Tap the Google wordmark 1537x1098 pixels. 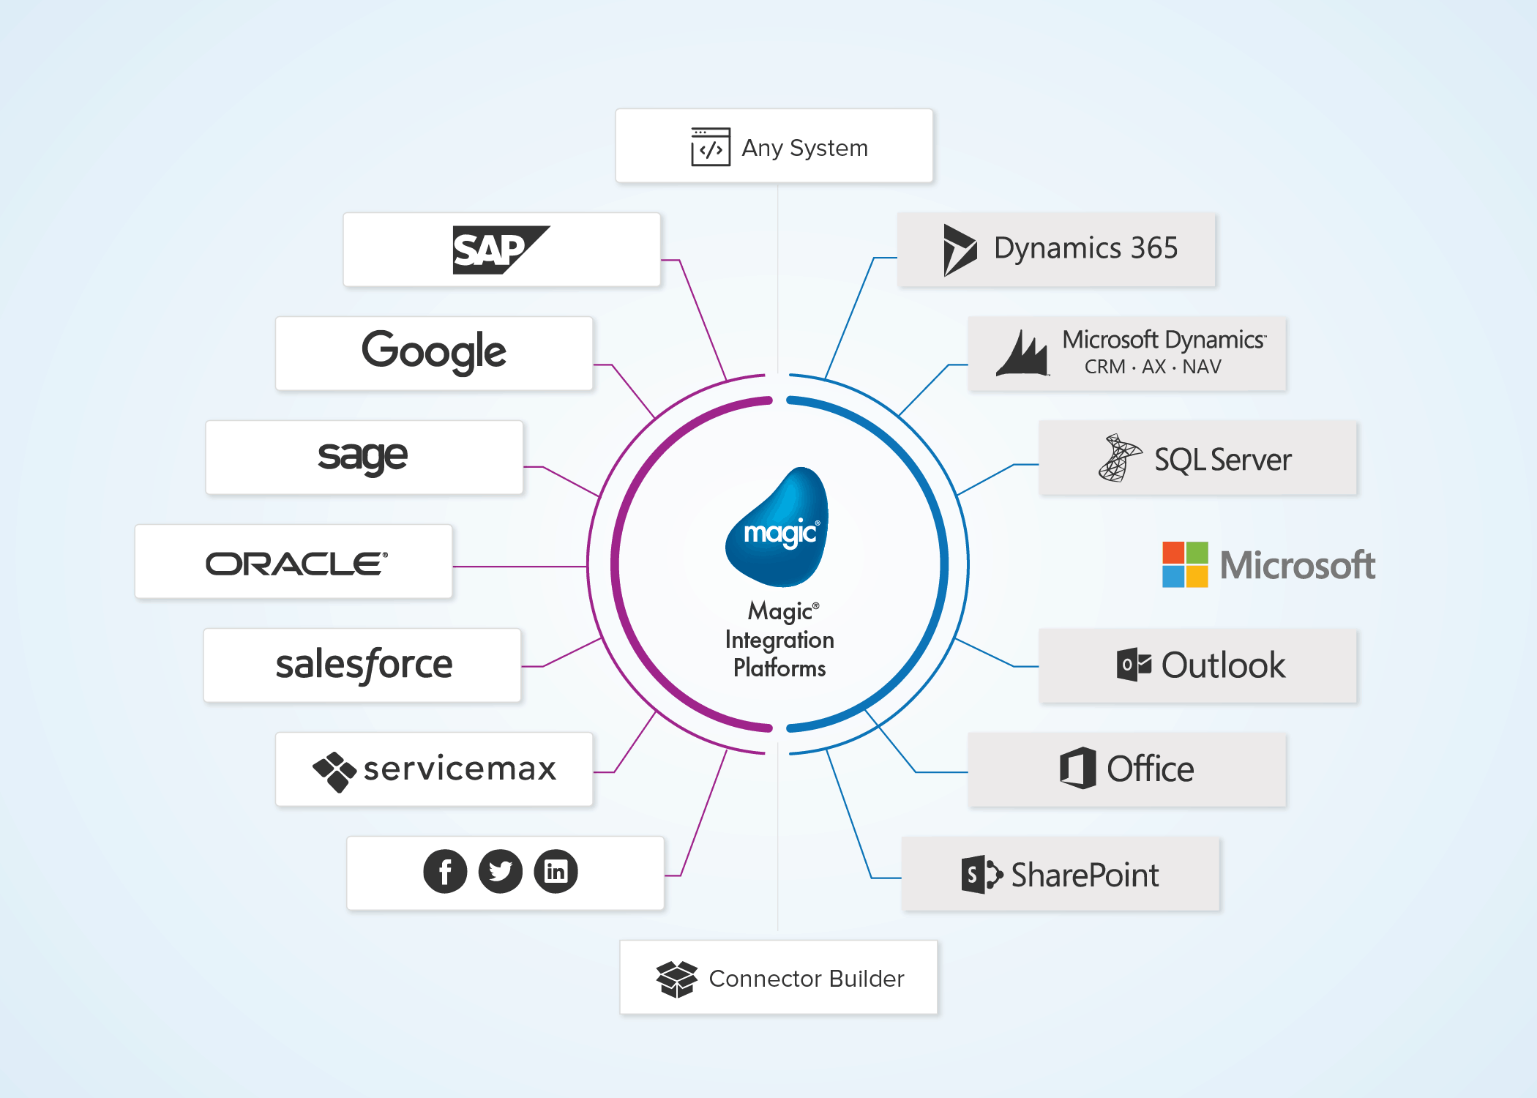click(433, 351)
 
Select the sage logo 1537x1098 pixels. click(362, 457)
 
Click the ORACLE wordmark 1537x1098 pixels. click(296, 564)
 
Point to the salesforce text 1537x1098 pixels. click(364, 665)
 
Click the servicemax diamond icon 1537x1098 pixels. click(334, 771)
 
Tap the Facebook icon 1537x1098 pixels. click(445, 871)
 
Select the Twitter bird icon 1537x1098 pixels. click(501, 871)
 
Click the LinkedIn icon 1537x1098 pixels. click(556, 871)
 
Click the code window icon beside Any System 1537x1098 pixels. click(710, 147)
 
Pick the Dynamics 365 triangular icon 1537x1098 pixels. click(959, 250)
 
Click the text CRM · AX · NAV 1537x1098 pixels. click(1153, 367)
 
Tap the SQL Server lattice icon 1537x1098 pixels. click(1118, 458)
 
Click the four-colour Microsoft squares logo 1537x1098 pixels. click(1185, 564)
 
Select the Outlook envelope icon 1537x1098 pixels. click(1133, 665)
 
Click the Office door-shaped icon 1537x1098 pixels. click(1078, 768)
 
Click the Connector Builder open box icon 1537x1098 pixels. click(676, 979)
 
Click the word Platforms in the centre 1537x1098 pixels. click(779, 668)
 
